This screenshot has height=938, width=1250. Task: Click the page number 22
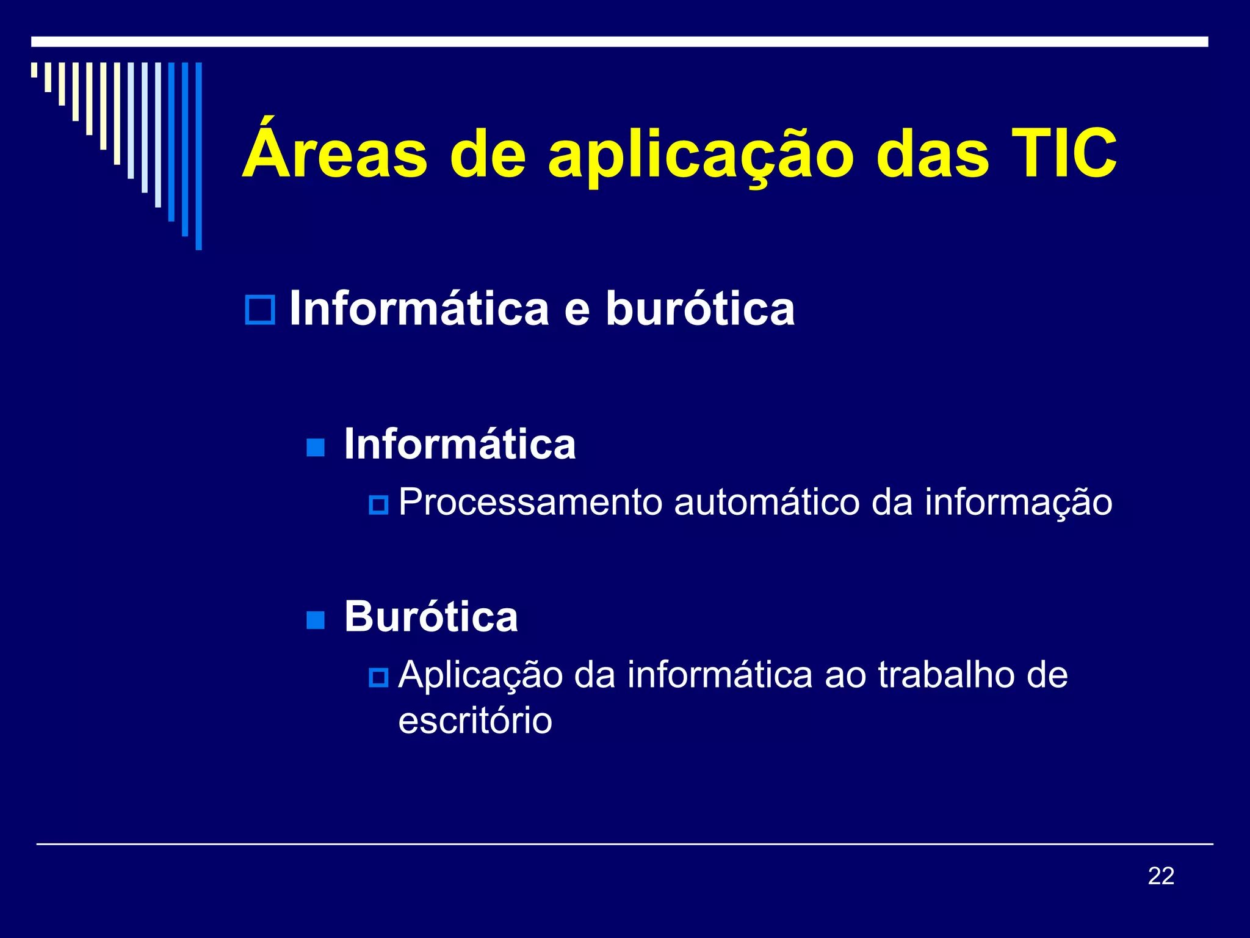1161,876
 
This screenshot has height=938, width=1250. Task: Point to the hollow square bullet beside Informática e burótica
260,310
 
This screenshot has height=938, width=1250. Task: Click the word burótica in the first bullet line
700,308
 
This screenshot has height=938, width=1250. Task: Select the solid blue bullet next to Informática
316,448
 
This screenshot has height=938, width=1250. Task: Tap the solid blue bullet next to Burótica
316,620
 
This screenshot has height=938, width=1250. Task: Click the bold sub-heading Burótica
431,616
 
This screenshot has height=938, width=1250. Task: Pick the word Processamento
530,503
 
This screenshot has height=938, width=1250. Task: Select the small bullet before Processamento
378,505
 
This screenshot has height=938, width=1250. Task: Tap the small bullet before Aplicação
378,677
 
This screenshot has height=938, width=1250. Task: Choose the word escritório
475,721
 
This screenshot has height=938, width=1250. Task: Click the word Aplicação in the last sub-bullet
480,676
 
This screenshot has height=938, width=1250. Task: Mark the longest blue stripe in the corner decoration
198,156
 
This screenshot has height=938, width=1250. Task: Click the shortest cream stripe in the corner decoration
34,70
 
